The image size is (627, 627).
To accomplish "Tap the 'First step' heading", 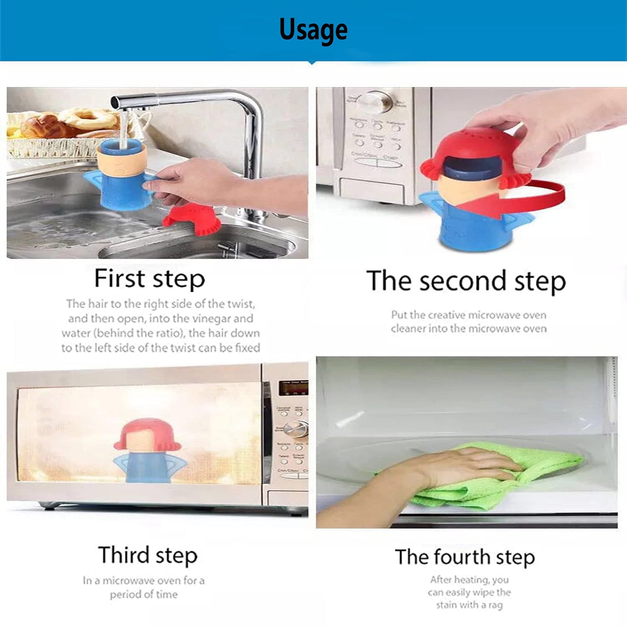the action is click(150, 279).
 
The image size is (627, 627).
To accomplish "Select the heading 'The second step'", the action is click(466, 281).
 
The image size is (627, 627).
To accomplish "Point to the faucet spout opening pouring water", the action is click(116, 103).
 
